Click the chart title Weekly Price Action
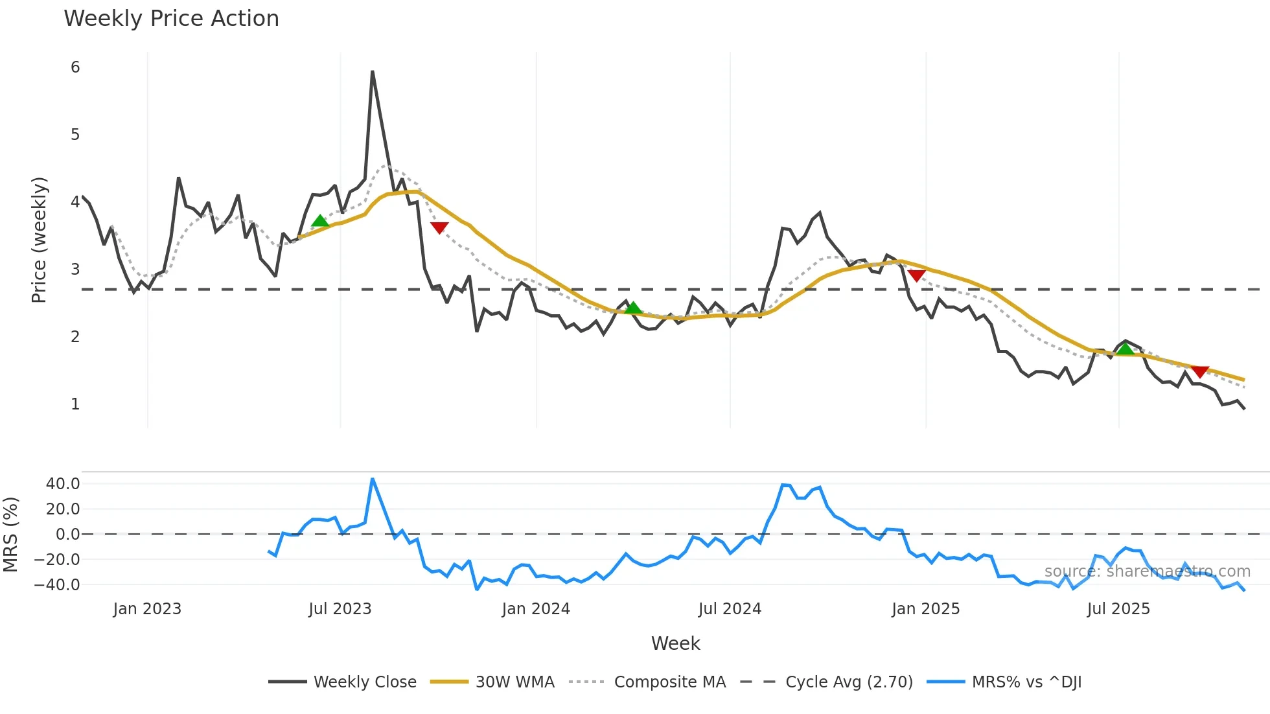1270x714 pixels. (171, 19)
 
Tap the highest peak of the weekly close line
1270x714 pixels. (372, 72)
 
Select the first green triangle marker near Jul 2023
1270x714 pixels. (320, 222)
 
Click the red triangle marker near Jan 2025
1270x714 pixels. (916, 275)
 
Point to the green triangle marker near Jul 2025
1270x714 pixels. (1126, 350)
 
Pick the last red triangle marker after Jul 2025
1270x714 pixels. (1200, 371)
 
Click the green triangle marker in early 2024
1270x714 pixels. (633, 308)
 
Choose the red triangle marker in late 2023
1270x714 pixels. (439, 227)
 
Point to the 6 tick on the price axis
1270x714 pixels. (75, 67)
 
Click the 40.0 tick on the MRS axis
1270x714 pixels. (63, 483)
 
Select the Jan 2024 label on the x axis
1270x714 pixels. (536, 609)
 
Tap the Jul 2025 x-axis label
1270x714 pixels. (1118, 609)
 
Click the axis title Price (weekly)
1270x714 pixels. (40, 240)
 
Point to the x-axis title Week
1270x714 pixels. (675, 643)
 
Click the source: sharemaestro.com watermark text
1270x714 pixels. (1147, 571)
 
